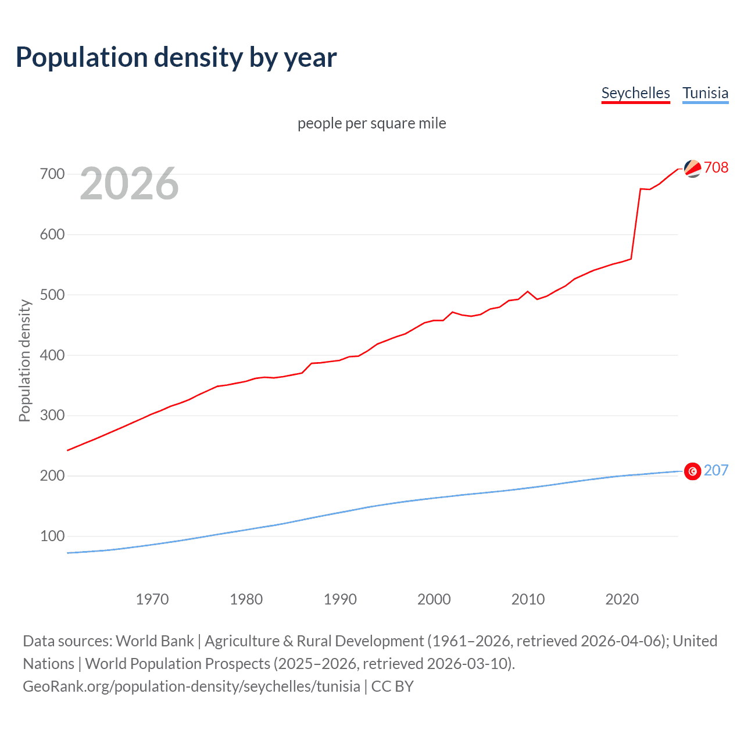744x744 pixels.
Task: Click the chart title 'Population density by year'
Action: pyautogui.click(x=176, y=57)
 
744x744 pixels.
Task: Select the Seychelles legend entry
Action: pyautogui.click(x=635, y=93)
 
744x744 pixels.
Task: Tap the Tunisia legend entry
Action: pyautogui.click(x=705, y=93)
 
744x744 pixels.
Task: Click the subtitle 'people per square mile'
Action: pyautogui.click(x=371, y=123)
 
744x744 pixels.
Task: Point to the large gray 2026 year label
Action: pyautogui.click(x=129, y=184)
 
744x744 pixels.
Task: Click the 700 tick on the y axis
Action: pyautogui.click(x=52, y=174)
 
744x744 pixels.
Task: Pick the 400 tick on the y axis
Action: pyautogui.click(x=52, y=355)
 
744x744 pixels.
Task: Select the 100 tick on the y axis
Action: pyautogui.click(x=52, y=536)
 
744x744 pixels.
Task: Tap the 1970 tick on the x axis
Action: pyautogui.click(x=152, y=599)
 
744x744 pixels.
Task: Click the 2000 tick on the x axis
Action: pyautogui.click(x=434, y=599)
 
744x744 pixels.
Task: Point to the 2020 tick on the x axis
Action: pyautogui.click(x=622, y=599)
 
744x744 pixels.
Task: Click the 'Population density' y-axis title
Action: pyautogui.click(x=24, y=360)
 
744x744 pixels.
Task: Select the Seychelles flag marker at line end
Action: pyautogui.click(x=692, y=169)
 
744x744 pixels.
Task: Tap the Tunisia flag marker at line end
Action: pyautogui.click(x=692, y=471)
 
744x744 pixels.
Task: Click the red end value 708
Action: pyautogui.click(x=716, y=167)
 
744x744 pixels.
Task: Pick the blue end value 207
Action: pyautogui.click(x=716, y=470)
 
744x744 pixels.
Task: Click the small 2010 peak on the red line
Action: pyautogui.click(x=528, y=291)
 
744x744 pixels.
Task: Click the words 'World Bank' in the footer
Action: pyautogui.click(x=155, y=641)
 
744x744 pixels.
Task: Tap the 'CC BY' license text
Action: pyautogui.click(x=392, y=686)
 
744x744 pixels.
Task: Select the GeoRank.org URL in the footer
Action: pyautogui.click(x=191, y=686)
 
